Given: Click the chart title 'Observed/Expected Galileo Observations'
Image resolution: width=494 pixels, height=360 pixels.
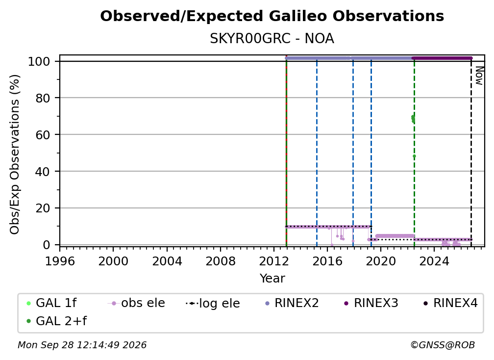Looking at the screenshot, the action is pos(272,16).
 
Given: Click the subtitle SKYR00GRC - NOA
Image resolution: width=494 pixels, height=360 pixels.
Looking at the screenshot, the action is pos(272,39).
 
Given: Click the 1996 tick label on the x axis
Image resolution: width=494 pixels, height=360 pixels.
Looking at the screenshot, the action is pos(60,261).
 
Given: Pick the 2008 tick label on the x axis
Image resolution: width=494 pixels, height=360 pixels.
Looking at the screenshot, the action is pos(220,261).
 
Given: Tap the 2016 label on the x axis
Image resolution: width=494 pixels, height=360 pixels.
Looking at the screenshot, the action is pos(327,261).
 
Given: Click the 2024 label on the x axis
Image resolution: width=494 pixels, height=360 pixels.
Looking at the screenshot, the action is pos(434,261).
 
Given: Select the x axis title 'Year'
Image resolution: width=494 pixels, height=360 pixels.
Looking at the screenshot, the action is pos(272,279).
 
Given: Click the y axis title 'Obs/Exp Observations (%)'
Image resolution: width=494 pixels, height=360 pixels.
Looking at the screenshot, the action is pos(15,154).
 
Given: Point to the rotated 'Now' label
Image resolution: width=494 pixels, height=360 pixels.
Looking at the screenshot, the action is pos(479,76).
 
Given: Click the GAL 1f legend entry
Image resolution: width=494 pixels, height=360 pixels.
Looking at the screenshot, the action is pos(51,303).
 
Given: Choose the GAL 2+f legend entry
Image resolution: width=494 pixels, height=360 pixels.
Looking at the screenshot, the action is pos(56,321).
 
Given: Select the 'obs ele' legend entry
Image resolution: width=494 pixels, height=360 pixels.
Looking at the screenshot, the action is pos(136,303).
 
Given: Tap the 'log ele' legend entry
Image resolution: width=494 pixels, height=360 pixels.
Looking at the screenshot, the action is pos(213,303).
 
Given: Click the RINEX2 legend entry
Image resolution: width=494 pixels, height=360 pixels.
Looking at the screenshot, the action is pos(292,303).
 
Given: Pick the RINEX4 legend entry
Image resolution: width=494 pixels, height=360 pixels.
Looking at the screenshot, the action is pos(450,303).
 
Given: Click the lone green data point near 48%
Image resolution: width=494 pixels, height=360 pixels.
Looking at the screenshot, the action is pos(414,156).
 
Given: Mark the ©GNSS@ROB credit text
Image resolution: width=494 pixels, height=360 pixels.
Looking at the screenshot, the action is pos(443,345).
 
